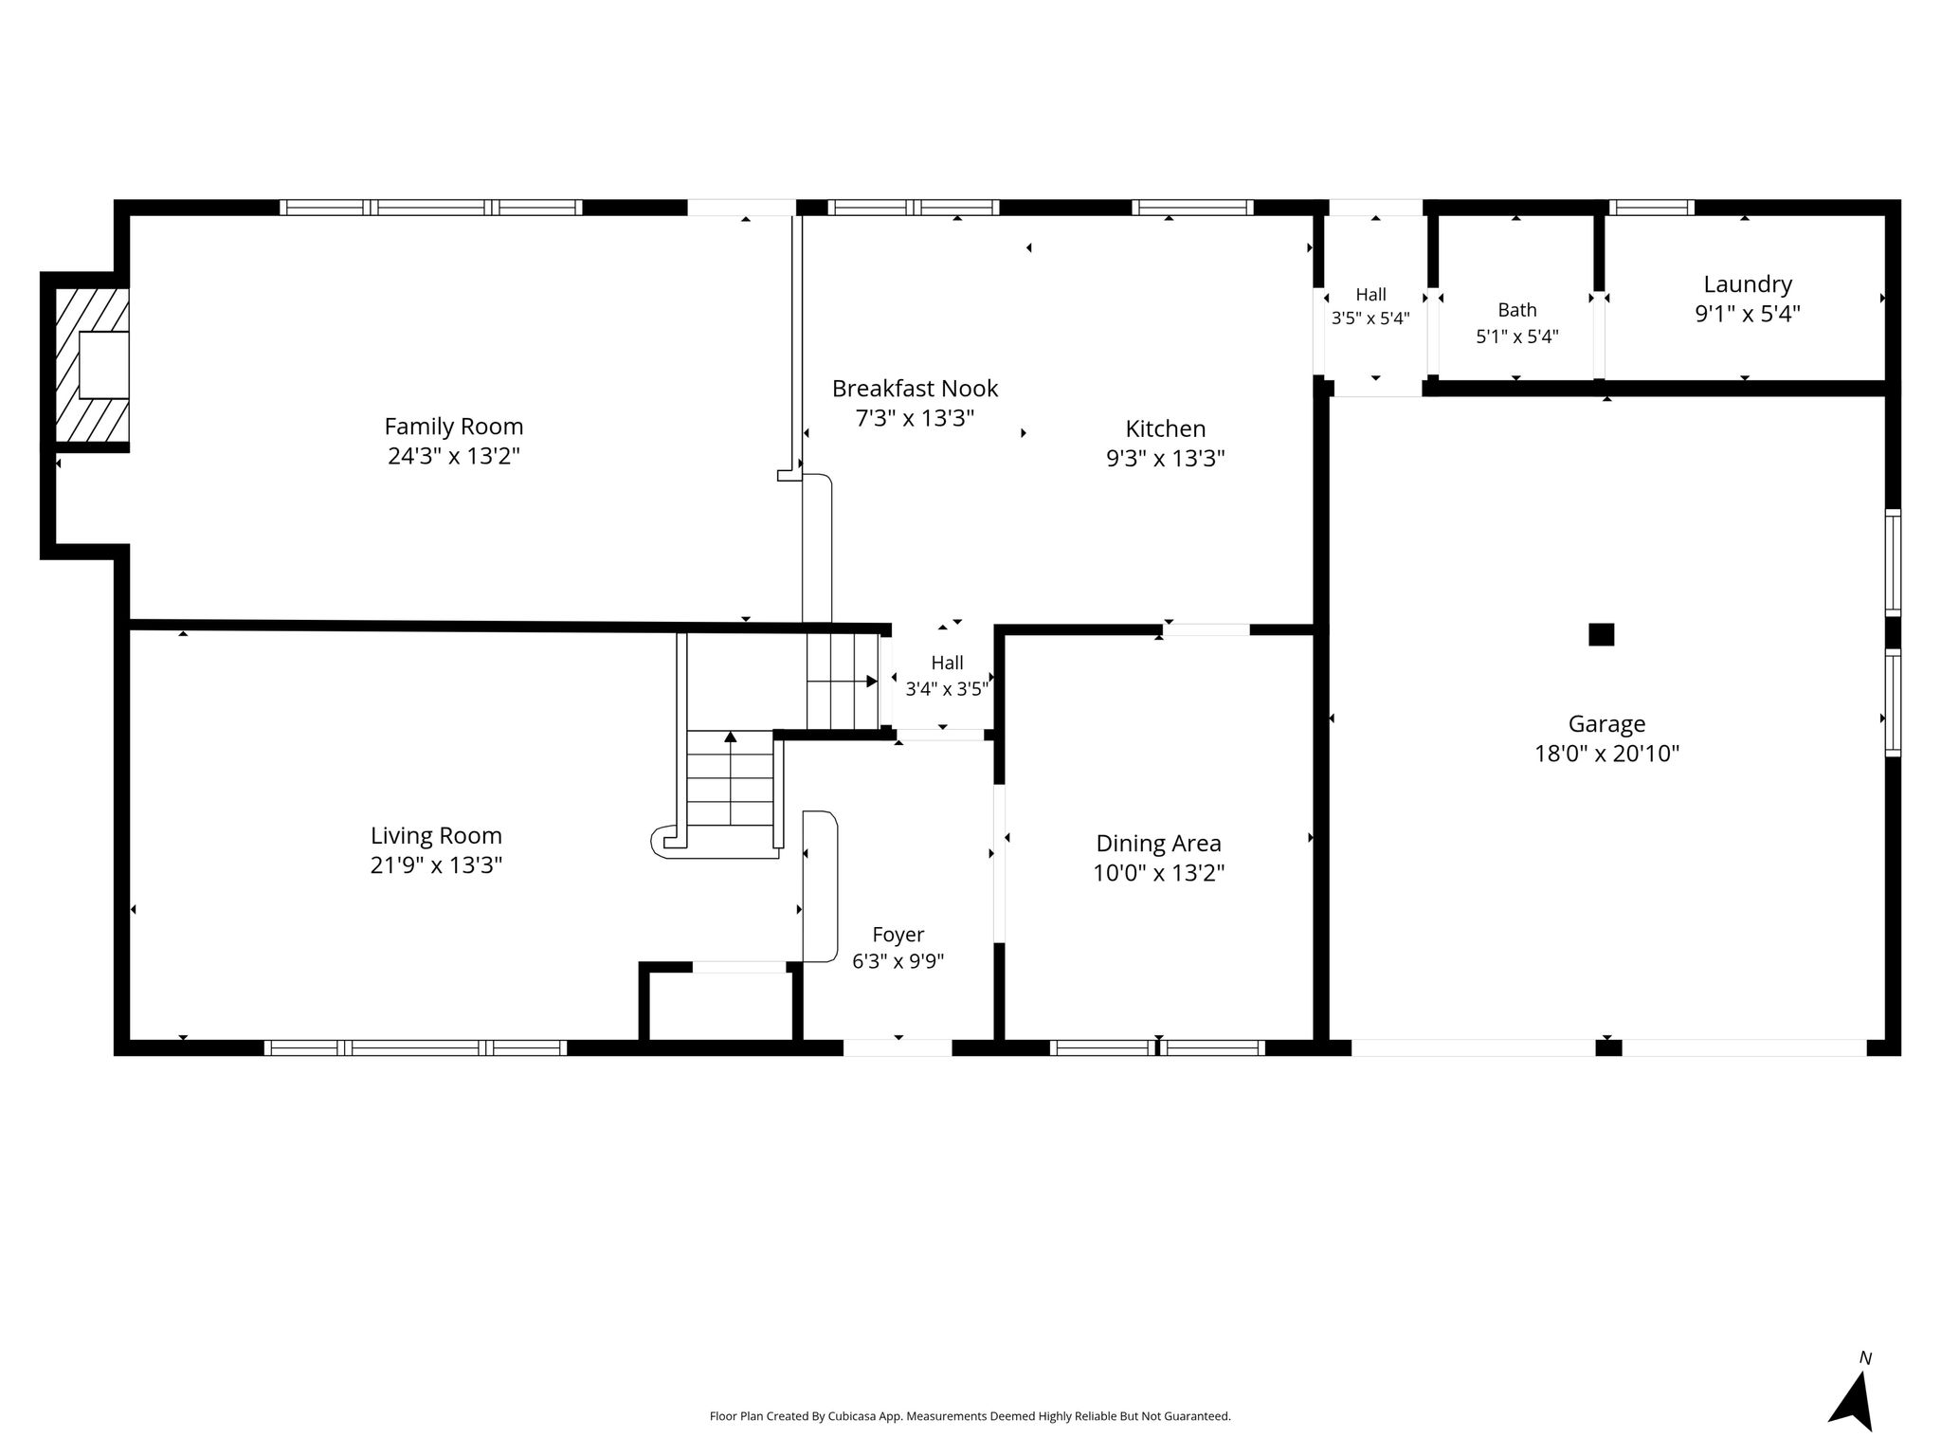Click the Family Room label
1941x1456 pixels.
(x=454, y=427)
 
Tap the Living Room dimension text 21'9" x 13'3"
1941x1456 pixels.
(x=436, y=865)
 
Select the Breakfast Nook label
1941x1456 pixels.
(x=915, y=389)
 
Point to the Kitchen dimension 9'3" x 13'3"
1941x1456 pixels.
(x=1166, y=459)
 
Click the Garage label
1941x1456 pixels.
(x=1606, y=724)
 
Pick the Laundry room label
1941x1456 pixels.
(x=1748, y=284)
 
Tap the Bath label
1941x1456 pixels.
(x=1517, y=310)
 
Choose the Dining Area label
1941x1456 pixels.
(x=1158, y=844)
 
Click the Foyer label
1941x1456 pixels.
(x=898, y=936)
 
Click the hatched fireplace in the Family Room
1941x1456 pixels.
(x=92, y=365)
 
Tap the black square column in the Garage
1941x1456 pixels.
(x=1601, y=634)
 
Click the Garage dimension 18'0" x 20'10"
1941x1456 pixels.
(x=1606, y=755)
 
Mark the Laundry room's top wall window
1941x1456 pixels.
(x=1652, y=208)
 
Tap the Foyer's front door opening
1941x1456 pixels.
(x=898, y=1047)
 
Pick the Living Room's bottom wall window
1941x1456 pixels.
(x=415, y=1047)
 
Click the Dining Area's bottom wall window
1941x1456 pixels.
(x=1158, y=1047)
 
